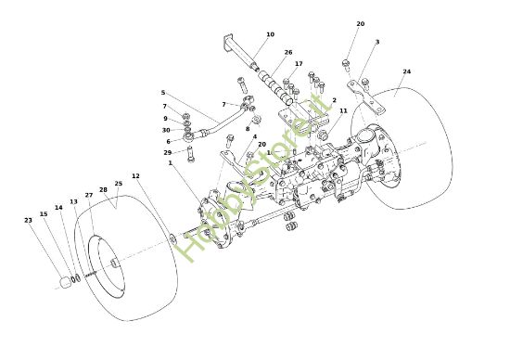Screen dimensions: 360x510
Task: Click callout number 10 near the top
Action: pos(270,35)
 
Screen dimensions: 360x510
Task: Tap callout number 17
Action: pos(299,64)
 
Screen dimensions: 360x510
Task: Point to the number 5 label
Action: pos(162,93)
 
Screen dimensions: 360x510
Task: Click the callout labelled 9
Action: pos(165,119)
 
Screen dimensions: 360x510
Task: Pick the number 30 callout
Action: pos(165,130)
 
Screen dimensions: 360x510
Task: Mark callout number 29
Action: pos(167,152)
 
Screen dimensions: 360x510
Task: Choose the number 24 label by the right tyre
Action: pos(406,71)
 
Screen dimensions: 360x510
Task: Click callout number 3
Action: pos(377,42)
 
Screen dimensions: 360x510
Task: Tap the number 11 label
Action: pos(343,111)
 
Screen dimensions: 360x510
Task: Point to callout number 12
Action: pos(135,176)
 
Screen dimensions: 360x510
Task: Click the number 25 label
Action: pos(118,184)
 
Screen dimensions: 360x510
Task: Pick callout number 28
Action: pos(103,189)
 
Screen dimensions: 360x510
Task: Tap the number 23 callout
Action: pos(28,220)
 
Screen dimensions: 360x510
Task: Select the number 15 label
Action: pos(44,214)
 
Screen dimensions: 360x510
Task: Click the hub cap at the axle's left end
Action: pos(67,280)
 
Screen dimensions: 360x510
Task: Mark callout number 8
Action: pos(248,129)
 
